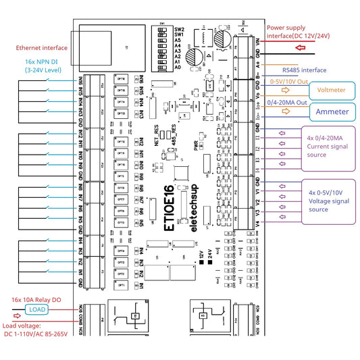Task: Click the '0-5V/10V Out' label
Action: click(290, 80)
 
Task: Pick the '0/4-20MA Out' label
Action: click(289, 102)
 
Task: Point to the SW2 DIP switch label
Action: click(179, 30)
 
